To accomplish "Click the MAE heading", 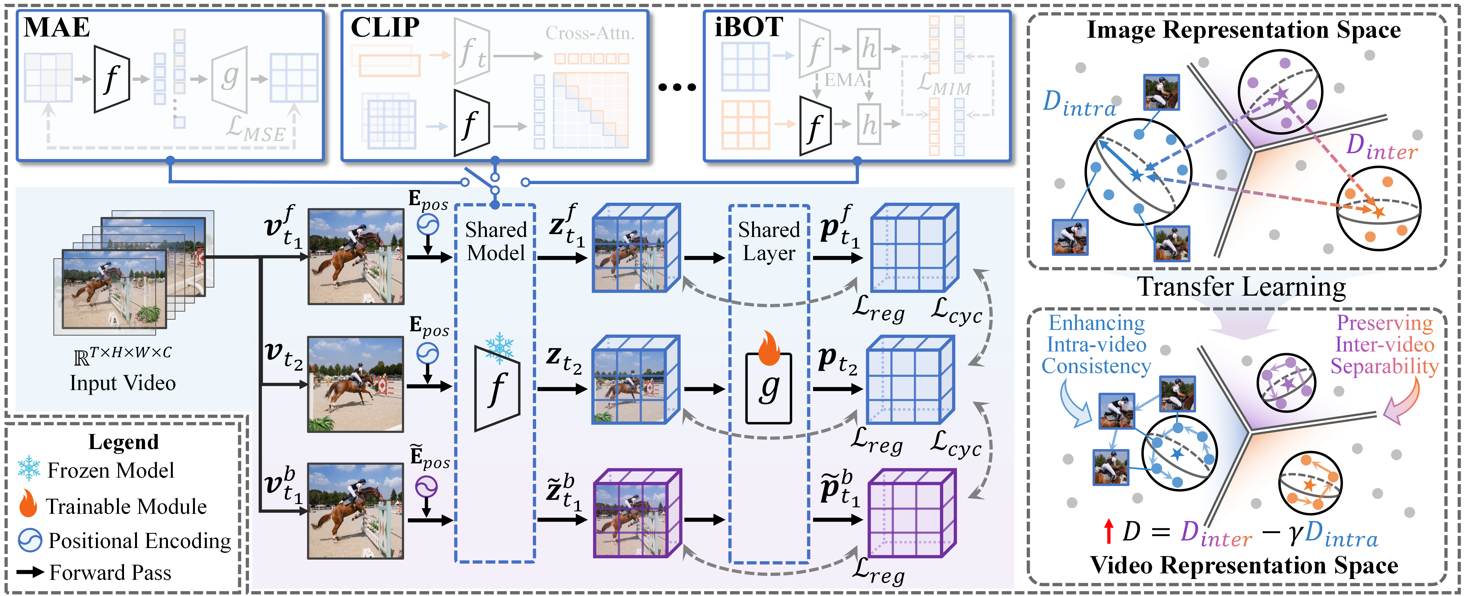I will click(x=57, y=27).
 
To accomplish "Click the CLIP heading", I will click(x=385, y=27).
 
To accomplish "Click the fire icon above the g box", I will click(x=769, y=348).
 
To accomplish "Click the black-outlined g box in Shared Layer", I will click(x=769, y=389).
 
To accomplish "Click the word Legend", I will click(x=123, y=442).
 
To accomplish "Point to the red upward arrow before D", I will click(x=1108, y=531).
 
